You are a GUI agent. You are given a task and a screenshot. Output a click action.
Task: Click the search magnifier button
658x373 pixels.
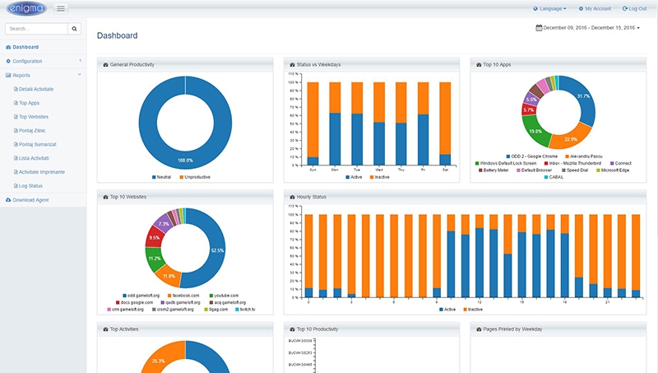coord(75,28)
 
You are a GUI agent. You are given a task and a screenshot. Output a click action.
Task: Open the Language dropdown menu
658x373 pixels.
coord(550,8)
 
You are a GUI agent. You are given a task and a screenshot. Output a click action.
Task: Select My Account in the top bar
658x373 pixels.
coord(595,8)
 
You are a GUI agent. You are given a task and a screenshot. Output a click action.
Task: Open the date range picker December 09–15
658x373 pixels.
coord(587,28)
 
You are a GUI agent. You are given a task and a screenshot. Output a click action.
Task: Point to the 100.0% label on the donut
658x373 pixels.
coord(185,161)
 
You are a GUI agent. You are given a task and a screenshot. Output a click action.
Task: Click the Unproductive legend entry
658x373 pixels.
coord(202,176)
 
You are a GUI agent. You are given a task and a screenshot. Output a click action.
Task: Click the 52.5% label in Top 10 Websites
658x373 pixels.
coord(218,250)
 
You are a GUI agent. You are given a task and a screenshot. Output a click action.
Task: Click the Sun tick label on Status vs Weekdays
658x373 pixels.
coord(313,170)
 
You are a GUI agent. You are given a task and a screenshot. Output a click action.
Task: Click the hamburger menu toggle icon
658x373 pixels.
coord(61,8)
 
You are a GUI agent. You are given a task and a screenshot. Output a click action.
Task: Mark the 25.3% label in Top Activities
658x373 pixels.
coord(158,361)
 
